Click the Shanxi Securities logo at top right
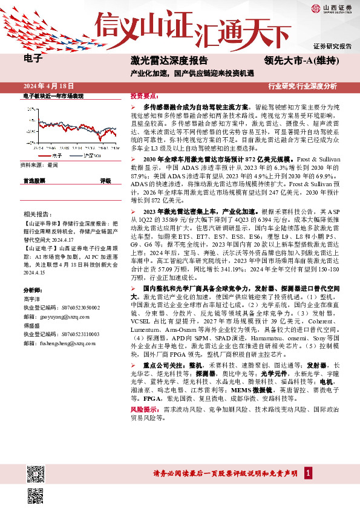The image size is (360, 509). point(332,8)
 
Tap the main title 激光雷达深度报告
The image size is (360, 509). point(169,60)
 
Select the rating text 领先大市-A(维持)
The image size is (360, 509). point(301,60)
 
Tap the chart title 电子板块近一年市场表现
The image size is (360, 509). point(53,96)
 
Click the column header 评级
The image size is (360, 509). point(105,181)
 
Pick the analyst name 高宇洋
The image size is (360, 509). point(33,299)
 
